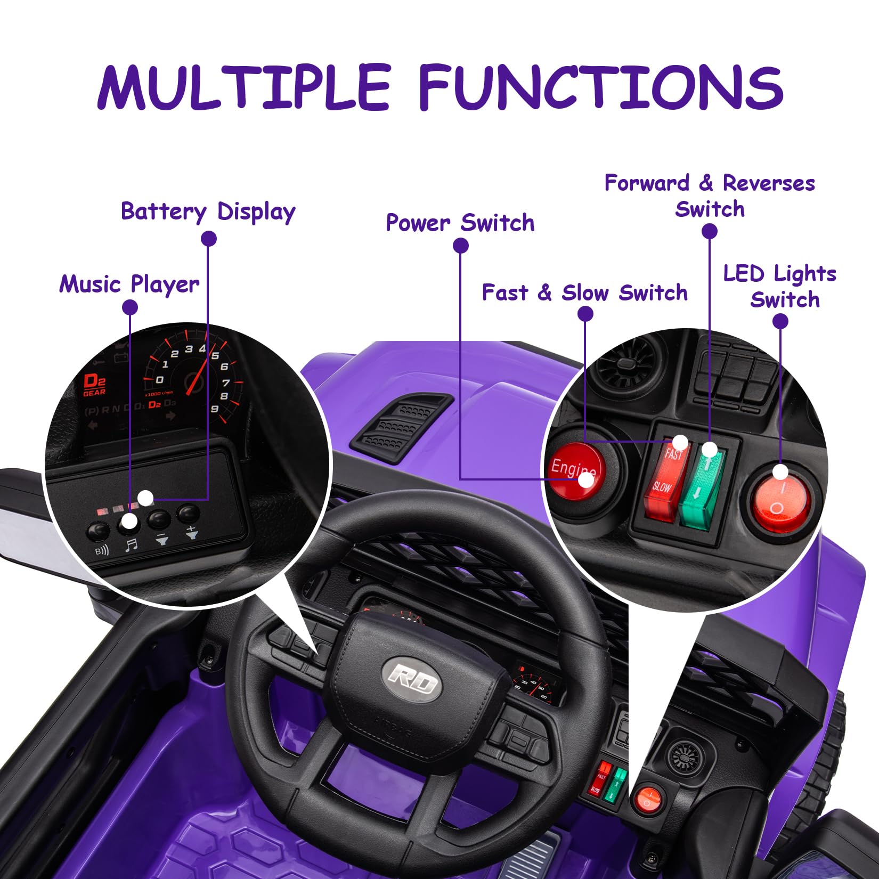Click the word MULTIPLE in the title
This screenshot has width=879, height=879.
click(x=245, y=87)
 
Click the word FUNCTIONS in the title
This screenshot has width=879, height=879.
click(x=601, y=87)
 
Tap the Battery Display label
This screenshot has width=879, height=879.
click(x=208, y=211)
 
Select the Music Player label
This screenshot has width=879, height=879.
click(x=129, y=284)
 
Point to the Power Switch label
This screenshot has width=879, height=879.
click(x=460, y=223)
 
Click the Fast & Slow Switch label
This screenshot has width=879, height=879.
click(x=584, y=292)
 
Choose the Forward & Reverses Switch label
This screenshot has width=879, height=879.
click(x=710, y=196)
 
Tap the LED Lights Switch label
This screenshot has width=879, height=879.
click(x=780, y=286)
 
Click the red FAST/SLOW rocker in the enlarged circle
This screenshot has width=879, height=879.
click(x=666, y=478)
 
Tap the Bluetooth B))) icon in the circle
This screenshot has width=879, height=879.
click(x=101, y=550)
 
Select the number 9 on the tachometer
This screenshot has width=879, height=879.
click(x=215, y=409)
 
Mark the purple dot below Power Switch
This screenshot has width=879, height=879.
click(x=461, y=246)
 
